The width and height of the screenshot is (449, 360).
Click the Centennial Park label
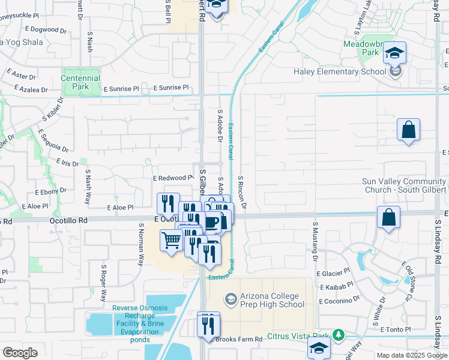(80, 82)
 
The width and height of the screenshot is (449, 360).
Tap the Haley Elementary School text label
(340, 72)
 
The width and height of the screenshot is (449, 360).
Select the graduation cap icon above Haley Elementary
(394, 53)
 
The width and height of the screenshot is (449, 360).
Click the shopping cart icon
(172, 241)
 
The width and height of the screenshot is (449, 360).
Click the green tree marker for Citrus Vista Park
(339, 334)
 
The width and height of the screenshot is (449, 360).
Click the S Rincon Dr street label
(243, 192)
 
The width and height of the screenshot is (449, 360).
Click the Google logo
(20, 353)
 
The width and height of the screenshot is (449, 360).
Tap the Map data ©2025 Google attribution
(412, 355)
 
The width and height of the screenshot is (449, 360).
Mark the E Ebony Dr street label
(50, 192)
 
